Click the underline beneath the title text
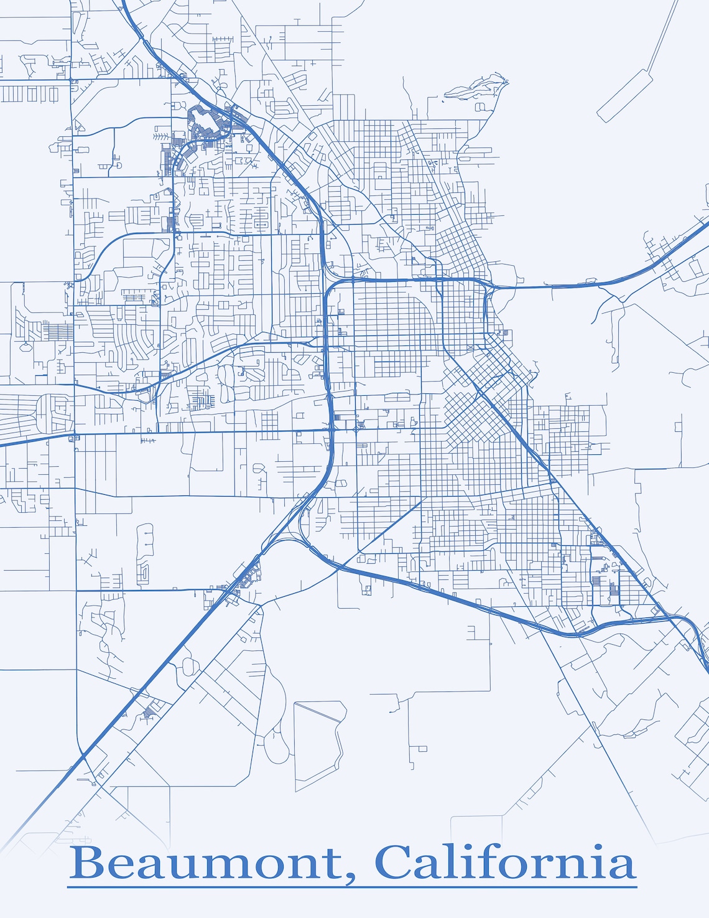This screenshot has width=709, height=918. tap(352, 886)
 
